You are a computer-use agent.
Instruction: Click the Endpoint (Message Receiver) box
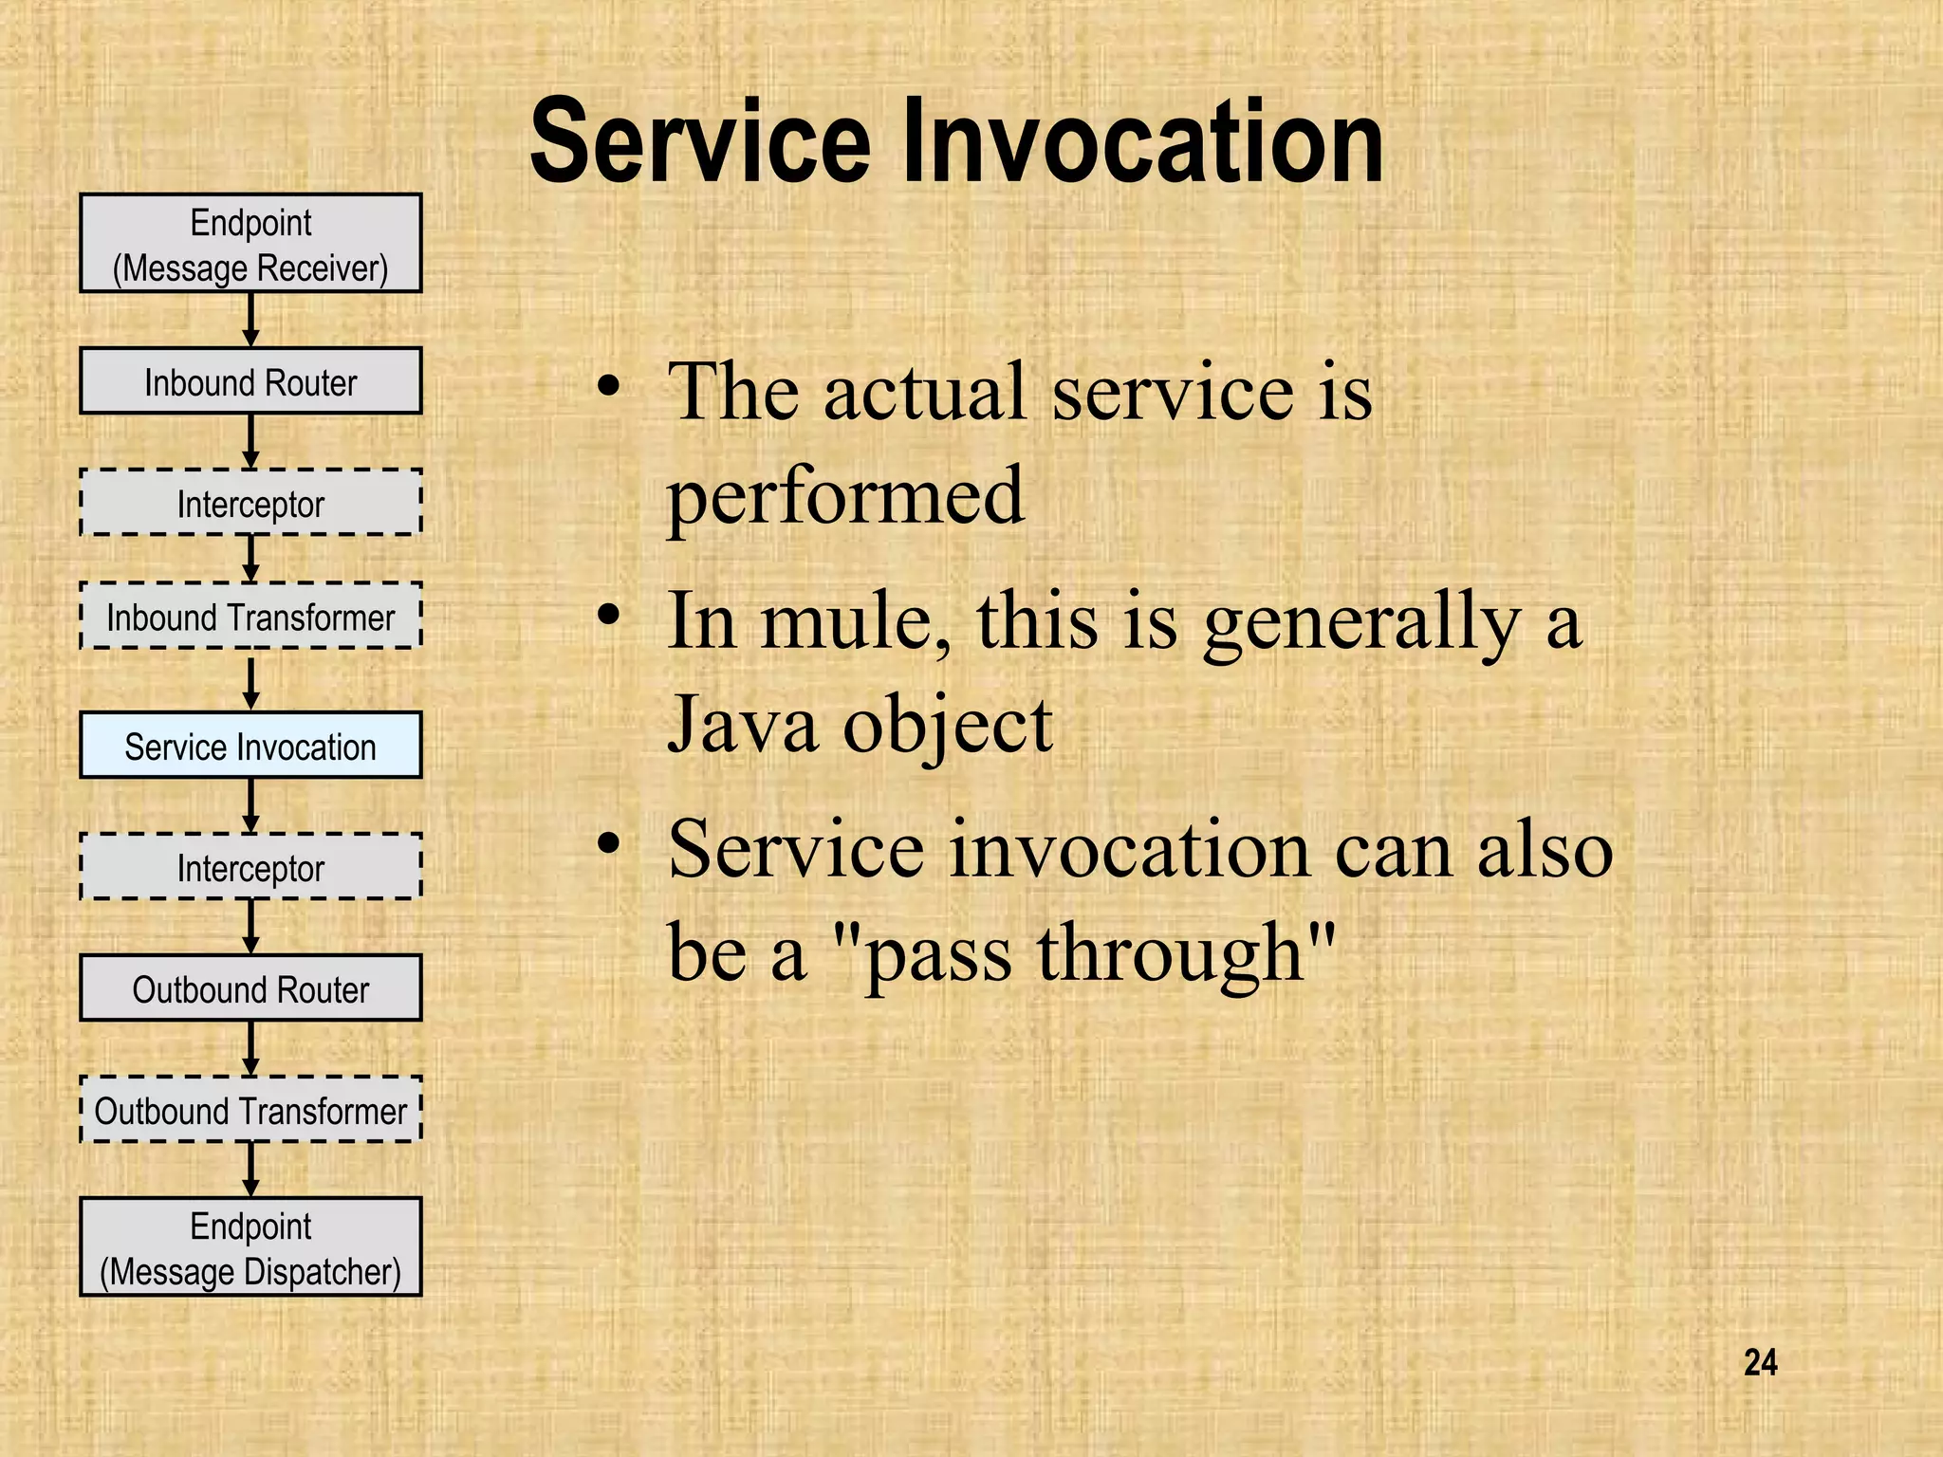pyautogui.click(x=250, y=244)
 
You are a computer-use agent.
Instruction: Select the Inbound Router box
pyautogui.click(x=250, y=381)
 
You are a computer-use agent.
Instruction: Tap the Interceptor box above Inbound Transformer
pyautogui.click(x=250, y=503)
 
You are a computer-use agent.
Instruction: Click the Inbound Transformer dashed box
pyautogui.click(x=250, y=617)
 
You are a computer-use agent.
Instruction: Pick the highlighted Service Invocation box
pyautogui.click(x=250, y=746)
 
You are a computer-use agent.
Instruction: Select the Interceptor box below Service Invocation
pyautogui.click(x=250, y=867)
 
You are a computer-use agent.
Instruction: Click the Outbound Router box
pyautogui.click(x=250, y=988)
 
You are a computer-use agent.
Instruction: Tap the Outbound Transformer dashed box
pyautogui.click(x=250, y=1110)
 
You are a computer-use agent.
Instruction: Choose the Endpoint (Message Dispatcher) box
pyautogui.click(x=250, y=1247)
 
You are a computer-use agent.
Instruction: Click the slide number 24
pyautogui.click(x=1760, y=1362)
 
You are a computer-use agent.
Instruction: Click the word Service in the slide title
pyautogui.click(x=700, y=142)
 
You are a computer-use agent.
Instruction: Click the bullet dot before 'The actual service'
pyautogui.click(x=609, y=386)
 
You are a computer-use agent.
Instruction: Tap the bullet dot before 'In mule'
pyautogui.click(x=609, y=615)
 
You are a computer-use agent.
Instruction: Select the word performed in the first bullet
pyautogui.click(x=845, y=495)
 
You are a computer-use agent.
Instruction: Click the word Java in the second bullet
pyautogui.click(x=742, y=724)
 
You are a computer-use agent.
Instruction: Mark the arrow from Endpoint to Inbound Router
pyautogui.click(x=250, y=320)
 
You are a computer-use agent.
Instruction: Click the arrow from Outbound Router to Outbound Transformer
pyautogui.click(x=250, y=1047)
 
